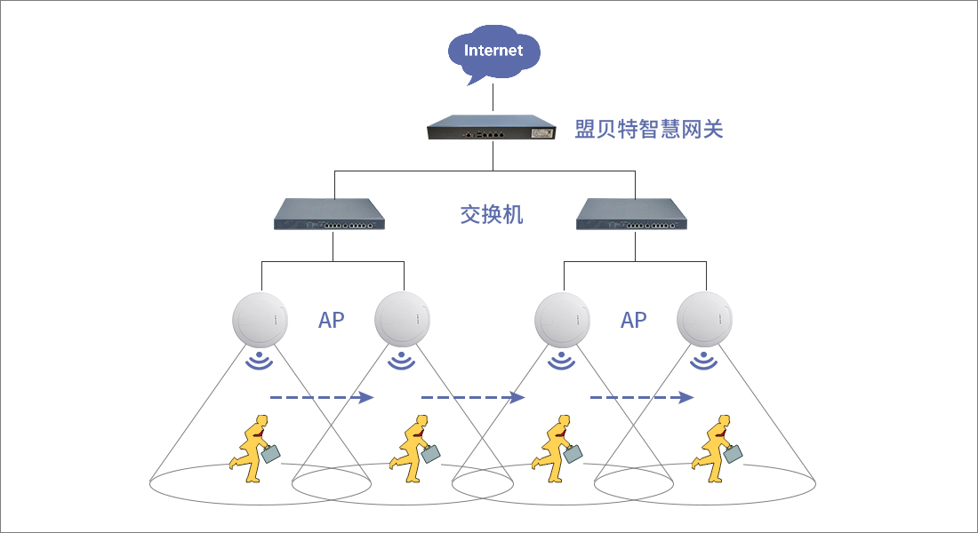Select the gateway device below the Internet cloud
click(x=492, y=127)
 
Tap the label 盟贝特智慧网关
click(x=649, y=129)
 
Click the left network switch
click(x=329, y=214)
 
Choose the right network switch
click(x=631, y=214)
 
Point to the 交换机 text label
click(x=492, y=214)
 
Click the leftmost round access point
click(x=261, y=319)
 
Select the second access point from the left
click(x=402, y=319)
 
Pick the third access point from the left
click(x=562, y=319)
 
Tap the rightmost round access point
click(x=704, y=319)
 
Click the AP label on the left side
click(x=332, y=320)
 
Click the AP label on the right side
click(x=633, y=320)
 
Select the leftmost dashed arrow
click(x=321, y=397)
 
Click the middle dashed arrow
click(x=473, y=397)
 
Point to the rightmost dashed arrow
click(x=642, y=397)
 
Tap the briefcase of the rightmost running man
click(x=733, y=454)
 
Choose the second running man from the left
click(x=415, y=449)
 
